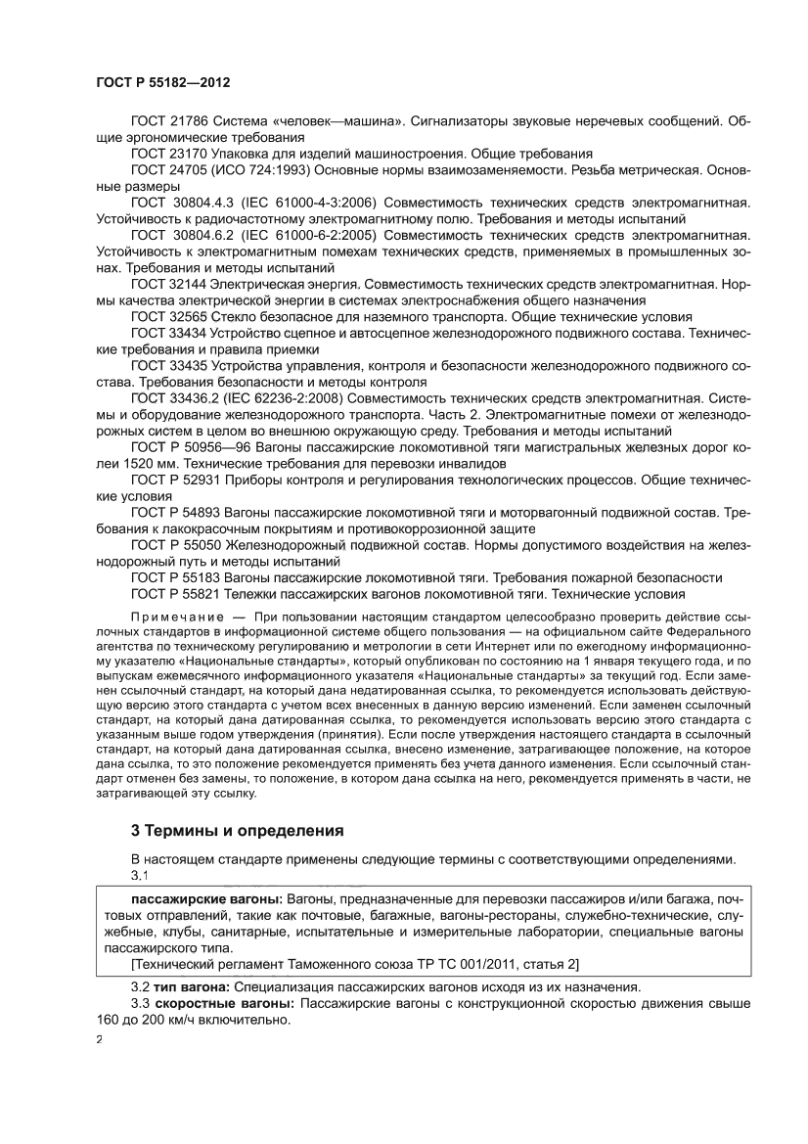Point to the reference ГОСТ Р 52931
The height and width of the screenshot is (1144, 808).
point(176,480)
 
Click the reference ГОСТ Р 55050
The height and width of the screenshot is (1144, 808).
point(176,546)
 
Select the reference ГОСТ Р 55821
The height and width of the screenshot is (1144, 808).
point(176,595)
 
